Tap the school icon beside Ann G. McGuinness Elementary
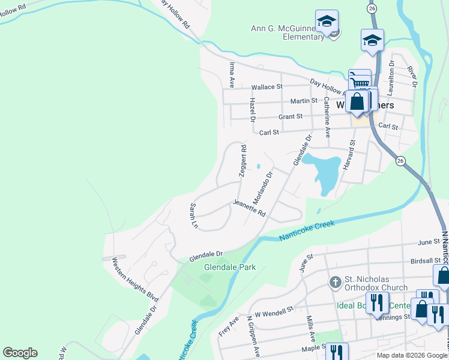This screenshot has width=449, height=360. tap(327, 22)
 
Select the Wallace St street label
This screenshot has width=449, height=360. tap(267, 87)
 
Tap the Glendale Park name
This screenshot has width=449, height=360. tap(230, 267)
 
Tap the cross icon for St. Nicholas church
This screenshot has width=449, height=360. tap(336, 281)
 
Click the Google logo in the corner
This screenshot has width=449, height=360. tap(20, 353)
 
